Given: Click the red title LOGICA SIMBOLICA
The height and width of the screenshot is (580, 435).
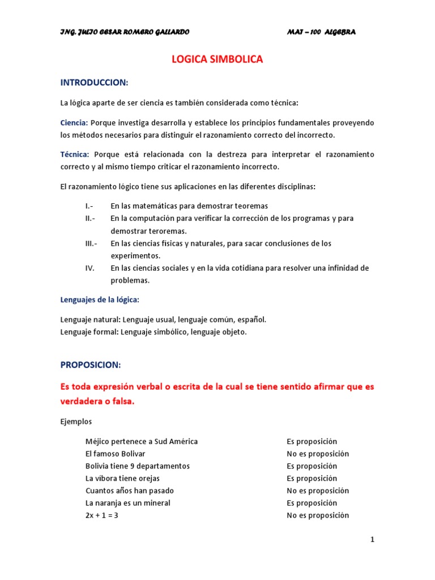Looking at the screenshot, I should coord(217,59).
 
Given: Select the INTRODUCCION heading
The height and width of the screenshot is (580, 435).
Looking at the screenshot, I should coord(95,83).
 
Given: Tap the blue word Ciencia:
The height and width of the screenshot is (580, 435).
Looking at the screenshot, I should coord(74,123).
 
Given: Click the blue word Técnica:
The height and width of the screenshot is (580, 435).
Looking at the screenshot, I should coord(75,154).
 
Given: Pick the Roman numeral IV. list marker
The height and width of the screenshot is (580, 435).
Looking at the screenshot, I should coord(90,268).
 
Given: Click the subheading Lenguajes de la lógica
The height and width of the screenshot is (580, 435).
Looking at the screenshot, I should coord(100,299).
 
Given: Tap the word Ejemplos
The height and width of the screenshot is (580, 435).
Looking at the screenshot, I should coord(76,422).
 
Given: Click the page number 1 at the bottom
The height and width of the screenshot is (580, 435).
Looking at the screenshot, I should coord(372,540).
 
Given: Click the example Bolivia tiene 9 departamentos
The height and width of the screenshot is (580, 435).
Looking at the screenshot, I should coord(138,466).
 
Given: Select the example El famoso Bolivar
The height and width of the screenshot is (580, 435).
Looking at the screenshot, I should coord(116,454).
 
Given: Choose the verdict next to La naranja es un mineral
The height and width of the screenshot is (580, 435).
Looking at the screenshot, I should coord(312,503).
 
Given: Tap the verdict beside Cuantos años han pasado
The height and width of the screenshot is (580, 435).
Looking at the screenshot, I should coord(318,491).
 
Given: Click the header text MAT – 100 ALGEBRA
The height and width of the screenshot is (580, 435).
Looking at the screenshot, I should coord(321,32).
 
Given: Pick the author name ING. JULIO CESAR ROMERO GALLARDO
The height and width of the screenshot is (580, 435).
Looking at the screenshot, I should coord(125,32).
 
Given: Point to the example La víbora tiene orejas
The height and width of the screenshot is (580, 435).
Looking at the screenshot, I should coord(122,479).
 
